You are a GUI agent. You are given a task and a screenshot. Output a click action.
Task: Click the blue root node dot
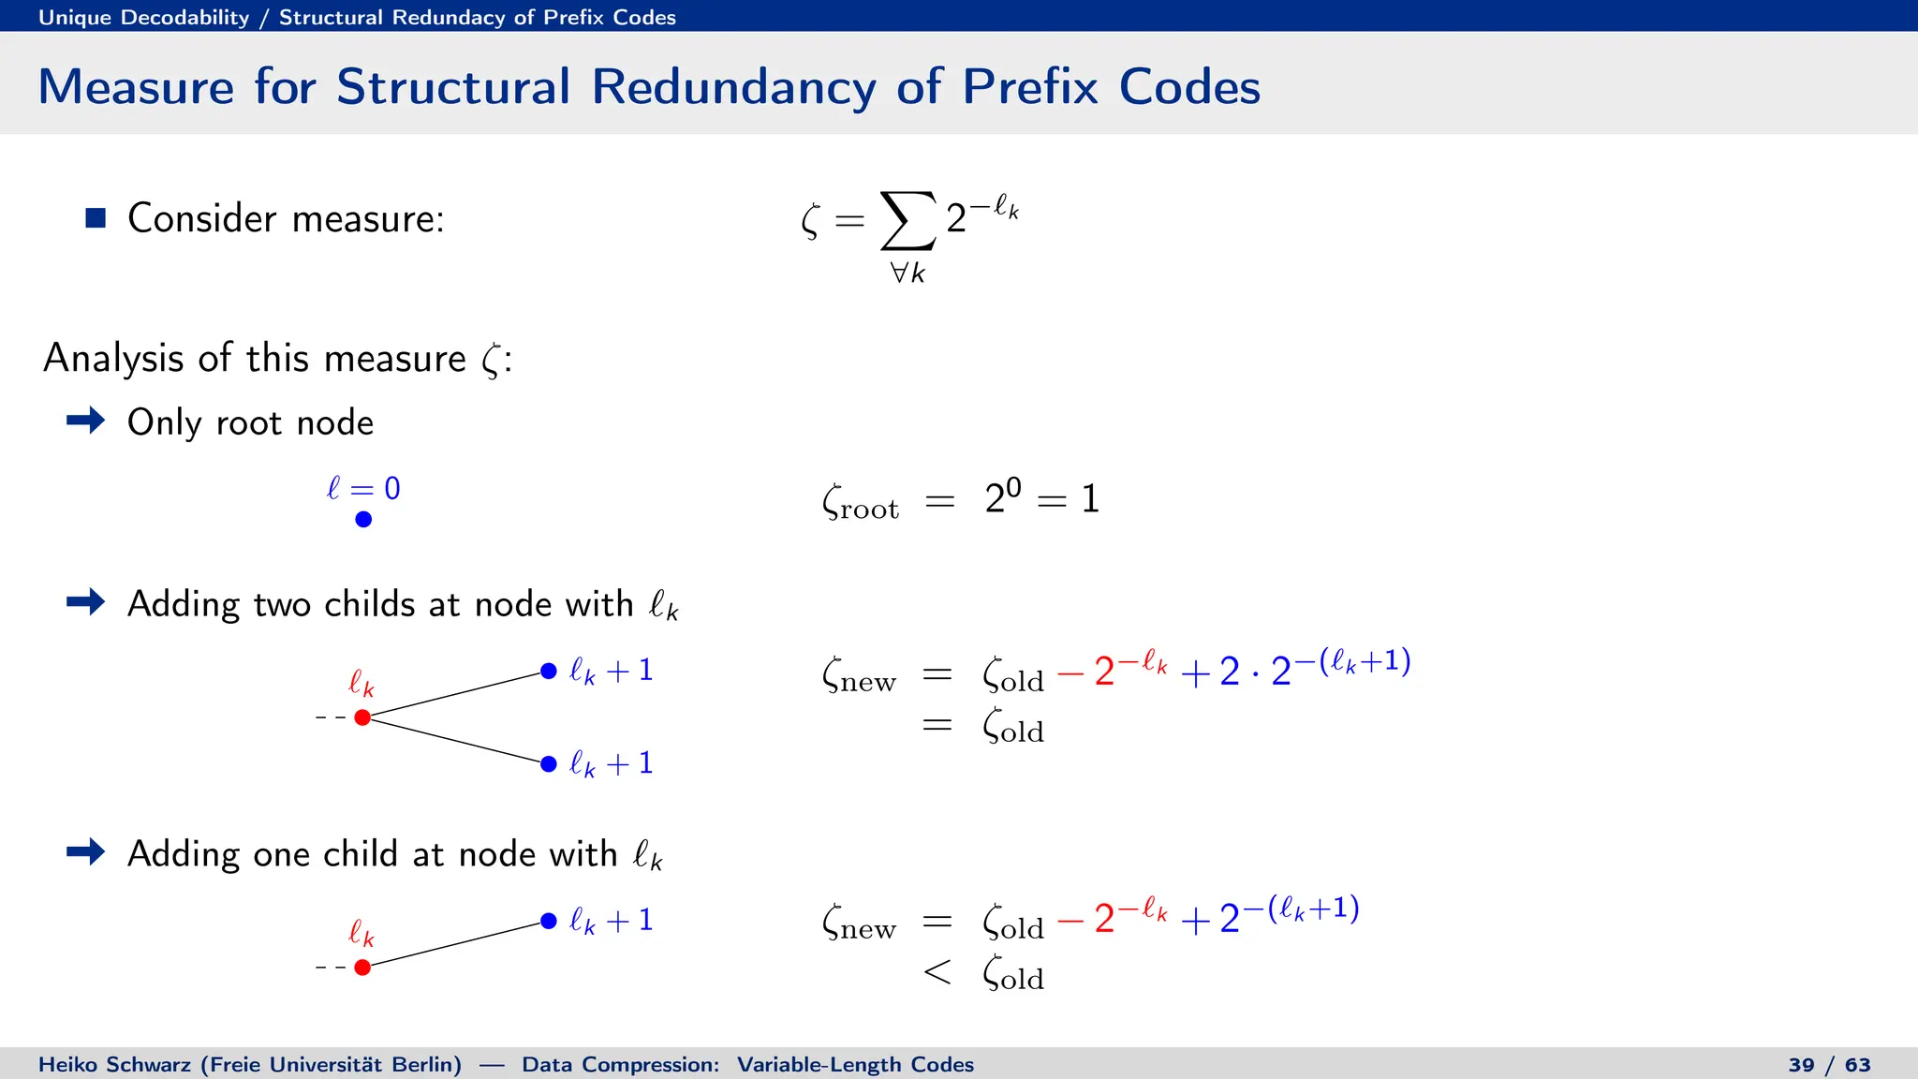pyautogui.click(x=363, y=519)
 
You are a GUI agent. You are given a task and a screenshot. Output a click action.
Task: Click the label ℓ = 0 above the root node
pyautogui.click(x=363, y=488)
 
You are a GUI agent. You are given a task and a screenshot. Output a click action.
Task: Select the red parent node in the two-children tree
pyautogui.click(x=362, y=717)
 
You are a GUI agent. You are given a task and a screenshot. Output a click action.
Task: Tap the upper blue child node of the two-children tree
pyautogui.click(x=549, y=672)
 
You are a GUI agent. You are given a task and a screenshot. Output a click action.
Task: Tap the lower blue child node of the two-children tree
pyautogui.click(x=549, y=764)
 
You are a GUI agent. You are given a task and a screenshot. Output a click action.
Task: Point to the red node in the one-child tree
pyautogui.click(x=362, y=968)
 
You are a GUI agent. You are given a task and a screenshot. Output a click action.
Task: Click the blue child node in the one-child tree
pyautogui.click(x=549, y=922)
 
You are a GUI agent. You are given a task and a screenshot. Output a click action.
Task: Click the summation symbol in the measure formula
pyautogui.click(x=907, y=221)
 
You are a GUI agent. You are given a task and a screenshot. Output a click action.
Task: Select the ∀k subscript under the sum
pyautogui.click(x=907, y=273)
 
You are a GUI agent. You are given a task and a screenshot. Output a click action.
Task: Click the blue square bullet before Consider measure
pyautogui.click(x=96, y=218)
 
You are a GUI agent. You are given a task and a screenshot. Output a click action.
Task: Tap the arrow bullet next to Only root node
pyautogui.click(x=86, y=421)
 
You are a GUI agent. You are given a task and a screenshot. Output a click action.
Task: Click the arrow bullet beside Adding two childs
pyautogui.click(x=86, y=601)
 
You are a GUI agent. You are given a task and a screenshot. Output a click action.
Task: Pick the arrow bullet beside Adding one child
pyautogui.click(x=86, y=851)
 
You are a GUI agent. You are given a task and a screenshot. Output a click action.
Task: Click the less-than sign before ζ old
pyautogui.click(x=937, y=972)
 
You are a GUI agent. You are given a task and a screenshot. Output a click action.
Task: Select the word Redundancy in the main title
pyautogui.click(x=733, y=87)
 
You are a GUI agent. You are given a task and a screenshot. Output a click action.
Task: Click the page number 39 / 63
pyautogui.click(x=1829, y=1065)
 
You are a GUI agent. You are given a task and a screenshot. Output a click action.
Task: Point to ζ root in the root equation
pyautogui.click(x=860, y=501)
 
